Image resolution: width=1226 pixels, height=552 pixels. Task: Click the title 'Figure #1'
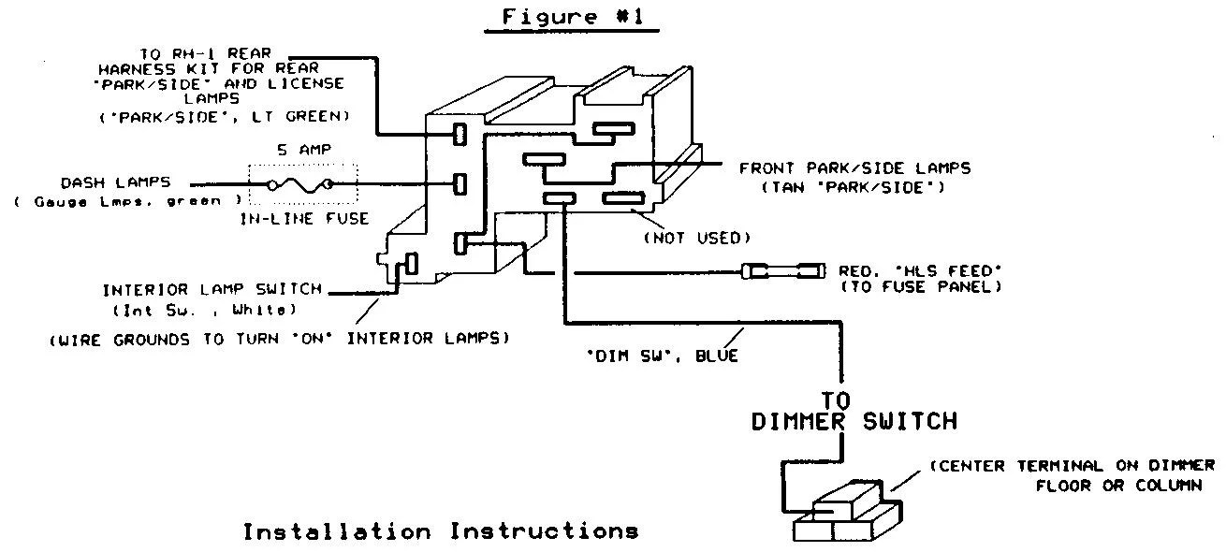(x=573, y=17)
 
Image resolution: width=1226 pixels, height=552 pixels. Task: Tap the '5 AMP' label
(x=304, y=150)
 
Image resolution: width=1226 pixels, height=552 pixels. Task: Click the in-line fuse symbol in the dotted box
(x=299, y=185)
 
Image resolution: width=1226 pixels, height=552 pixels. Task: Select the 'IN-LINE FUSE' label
(x=304, y=219)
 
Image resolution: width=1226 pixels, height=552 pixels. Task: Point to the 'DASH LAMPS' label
(x=115, y=182)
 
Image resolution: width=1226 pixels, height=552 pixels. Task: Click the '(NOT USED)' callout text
(x=696, y=238)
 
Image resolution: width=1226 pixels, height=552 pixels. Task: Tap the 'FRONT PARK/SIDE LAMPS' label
(x=854, y=168)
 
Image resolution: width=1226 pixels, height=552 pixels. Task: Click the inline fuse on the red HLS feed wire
(x=783, y=270)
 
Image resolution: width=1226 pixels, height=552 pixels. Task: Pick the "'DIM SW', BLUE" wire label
(x=663, y=356)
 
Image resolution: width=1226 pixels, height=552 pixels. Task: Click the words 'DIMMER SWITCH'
(x=854, y=422)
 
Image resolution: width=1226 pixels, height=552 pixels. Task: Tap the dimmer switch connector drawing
(x=847, y=511)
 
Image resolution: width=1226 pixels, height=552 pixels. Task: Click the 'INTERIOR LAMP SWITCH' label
(x=212, y=289)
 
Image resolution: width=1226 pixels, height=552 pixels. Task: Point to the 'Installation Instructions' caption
(x=441, y=531)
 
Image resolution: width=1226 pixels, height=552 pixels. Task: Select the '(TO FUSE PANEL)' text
(x=921, y=286)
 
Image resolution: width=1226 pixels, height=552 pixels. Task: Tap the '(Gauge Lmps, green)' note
(x=127, y=201)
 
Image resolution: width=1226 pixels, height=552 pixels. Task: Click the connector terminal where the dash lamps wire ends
(x=460, y=184)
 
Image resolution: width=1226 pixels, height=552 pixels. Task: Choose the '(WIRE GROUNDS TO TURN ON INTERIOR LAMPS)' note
(x=279, y=340)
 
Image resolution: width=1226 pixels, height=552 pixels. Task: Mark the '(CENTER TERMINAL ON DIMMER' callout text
(x=1073, y=466)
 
